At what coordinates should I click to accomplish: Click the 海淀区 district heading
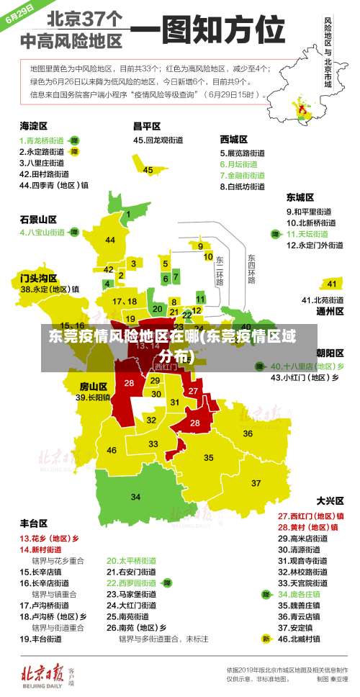(x=33, y=125)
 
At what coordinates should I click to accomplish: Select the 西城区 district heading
(x=234, y=138)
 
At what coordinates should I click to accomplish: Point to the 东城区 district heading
(x=300, y=197)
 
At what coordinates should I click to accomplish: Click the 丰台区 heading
(x=33, y=523)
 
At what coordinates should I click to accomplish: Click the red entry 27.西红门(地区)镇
(x=310, y=516)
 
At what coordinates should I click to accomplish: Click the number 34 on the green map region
(x=135, y=497)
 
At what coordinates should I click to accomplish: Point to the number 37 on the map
(x=256, y=482)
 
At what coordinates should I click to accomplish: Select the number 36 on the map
(x=248, y=433)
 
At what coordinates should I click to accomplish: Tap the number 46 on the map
(x=112, y=450)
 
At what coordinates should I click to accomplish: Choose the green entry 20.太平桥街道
(x=132, y=559)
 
